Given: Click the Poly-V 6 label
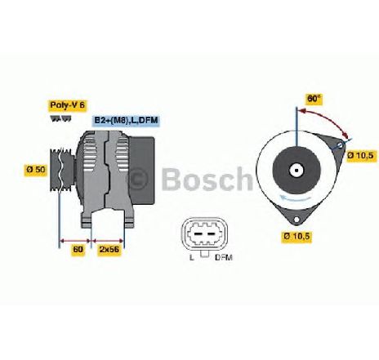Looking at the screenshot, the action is [67, 105].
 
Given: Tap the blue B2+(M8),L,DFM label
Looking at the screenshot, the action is [126, 120].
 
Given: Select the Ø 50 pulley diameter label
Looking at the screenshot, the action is [36, 170].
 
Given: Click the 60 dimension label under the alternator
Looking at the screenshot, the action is [78, 249].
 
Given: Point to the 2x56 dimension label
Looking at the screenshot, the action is [109, 249].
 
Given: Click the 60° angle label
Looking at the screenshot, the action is [314, 99].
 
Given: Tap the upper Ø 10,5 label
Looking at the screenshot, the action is [363, 156].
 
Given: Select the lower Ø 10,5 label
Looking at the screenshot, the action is [297, 236].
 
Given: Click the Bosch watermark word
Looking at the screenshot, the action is [207, 179].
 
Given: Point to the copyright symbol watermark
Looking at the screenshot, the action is [138, 178].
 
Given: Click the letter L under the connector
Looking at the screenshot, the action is [192, 257].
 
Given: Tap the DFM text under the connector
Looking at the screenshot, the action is [224, 257].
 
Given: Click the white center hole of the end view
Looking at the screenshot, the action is [297, 171].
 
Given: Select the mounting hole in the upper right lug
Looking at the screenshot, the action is [341, 145].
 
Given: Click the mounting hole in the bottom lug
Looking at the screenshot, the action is [297, 219].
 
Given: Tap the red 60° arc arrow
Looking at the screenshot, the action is [329, 118].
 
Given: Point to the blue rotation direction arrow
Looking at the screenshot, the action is [297, 198].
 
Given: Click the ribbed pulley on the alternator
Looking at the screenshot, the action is [61, 169].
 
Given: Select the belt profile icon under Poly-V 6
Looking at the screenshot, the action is [61, 119].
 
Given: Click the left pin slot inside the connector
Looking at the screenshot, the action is [198, 234].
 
